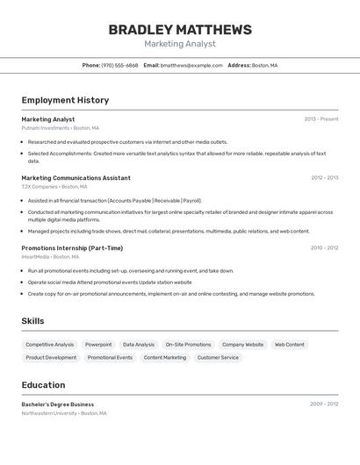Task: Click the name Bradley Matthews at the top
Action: click(180, 30)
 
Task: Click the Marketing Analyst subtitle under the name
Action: click(180, 44)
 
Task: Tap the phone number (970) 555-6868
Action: click(119, 66)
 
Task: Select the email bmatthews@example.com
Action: click(191, 66)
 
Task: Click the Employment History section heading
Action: click(65, 100)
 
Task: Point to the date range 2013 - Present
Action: click(321, 119)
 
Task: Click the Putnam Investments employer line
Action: click(60, 128)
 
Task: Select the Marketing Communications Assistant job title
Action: click(76, 178)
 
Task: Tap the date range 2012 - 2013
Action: click(324, 178)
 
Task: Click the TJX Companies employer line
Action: click(54, 187)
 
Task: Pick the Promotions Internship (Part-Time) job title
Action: click(72, 248)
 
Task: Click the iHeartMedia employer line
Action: click(50, 257)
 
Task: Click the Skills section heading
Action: click(32, 321)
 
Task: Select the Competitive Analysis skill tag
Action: click(50, 345)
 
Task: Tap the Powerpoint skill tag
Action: click(98, 345)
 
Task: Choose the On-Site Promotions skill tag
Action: click(188, 345)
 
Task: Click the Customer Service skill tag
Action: click(218, 358)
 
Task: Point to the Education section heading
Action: click(43, 385)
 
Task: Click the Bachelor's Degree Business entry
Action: click(58, 404)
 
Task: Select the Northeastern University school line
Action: click(63, 413)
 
